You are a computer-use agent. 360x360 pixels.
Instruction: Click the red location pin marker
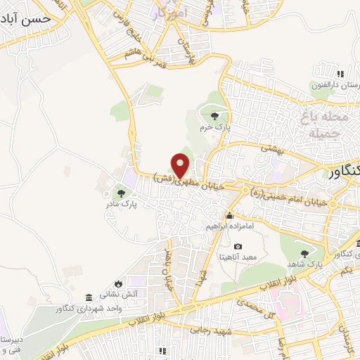pos(181,165)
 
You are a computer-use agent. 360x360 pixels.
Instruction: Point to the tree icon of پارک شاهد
pos(304,254)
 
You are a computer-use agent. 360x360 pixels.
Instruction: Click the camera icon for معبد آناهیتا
pos(238,247)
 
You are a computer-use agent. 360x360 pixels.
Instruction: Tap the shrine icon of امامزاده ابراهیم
pos(229,216)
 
